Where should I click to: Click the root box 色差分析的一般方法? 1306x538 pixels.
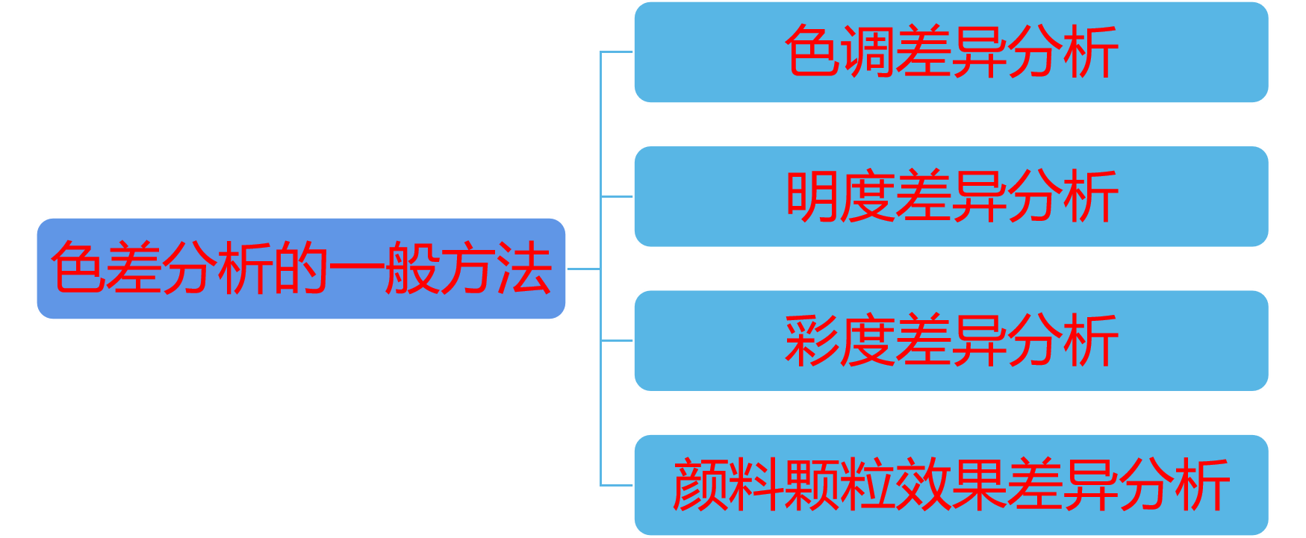coord(301,269)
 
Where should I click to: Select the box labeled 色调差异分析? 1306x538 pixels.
coord(951,52)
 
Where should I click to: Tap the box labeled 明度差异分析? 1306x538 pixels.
coord(951,196)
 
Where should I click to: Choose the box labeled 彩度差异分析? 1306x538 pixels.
coord(951,340)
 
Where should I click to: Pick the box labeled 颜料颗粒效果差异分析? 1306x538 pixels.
coord(951,485)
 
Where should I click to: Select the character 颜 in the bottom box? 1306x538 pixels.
coord(700,485)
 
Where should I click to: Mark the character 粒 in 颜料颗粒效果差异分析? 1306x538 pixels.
coord(867,485)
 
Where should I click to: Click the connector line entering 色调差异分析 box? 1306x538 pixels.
coord(617,52)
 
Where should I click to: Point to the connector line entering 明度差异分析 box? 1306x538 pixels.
coord(617,196)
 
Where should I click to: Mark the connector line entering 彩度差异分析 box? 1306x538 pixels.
coord(617,340)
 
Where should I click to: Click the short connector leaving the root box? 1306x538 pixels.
coord(583,269)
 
